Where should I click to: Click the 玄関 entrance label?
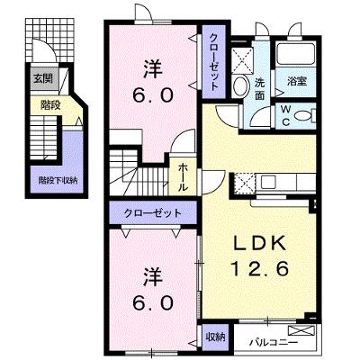click(x=43, y=78)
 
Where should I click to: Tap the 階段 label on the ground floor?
click(x=50, y=104)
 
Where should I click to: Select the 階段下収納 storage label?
click(x=58, y=181)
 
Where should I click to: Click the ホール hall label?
click(x=184, y=177)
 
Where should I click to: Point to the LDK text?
click(x=259, y=243)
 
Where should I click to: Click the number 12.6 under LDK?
click(x=259, y=268)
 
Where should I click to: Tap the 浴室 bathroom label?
click(x=297, y=81)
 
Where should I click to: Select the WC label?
click(x=285, y=116)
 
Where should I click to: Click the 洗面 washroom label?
click(x=260, y=88)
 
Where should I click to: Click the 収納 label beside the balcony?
click(x=215, y=337)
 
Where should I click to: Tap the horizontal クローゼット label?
click(x=153, y=213)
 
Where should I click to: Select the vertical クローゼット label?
click(x=213, y=62)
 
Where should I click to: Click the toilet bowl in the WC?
click(x=302, y=115)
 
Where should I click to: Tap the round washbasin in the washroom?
click(x=240, y=86)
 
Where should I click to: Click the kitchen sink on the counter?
click(x=268, y=182)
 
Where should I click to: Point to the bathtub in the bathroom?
click(x=295, y=54)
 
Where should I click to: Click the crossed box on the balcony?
click(x=301, y=330)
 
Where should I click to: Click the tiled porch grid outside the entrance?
click(x=49, y=40)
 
